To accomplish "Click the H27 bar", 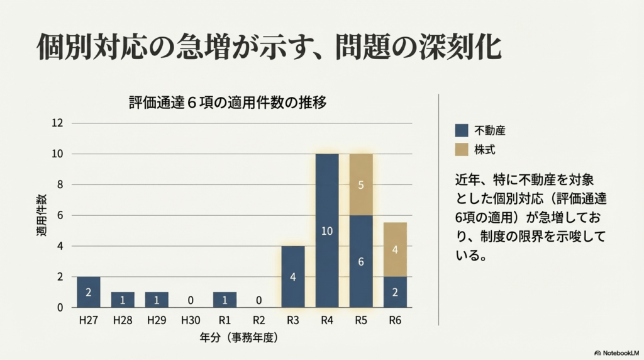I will click(88, 292).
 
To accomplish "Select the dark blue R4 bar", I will click(326, 230).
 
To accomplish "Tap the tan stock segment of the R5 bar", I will click(360, 184).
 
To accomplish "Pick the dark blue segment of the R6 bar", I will click(394, 292).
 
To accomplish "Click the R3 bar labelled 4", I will click(292, 276).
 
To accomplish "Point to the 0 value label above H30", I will click(190, 300).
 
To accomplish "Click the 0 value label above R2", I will click(258, 300).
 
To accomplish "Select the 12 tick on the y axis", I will click(58, 123).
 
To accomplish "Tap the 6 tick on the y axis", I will click(60, 215).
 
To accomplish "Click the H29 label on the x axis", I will click(156, 320).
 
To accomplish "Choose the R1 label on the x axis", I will click(224, 320).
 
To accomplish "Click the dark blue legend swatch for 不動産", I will click(462, 130).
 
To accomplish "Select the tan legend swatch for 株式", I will click(462, 150).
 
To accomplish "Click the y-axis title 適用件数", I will click(41, 215).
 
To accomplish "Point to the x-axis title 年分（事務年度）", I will click(238, 337).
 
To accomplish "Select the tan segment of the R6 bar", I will click(394, 249).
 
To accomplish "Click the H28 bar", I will click(122, 300).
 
